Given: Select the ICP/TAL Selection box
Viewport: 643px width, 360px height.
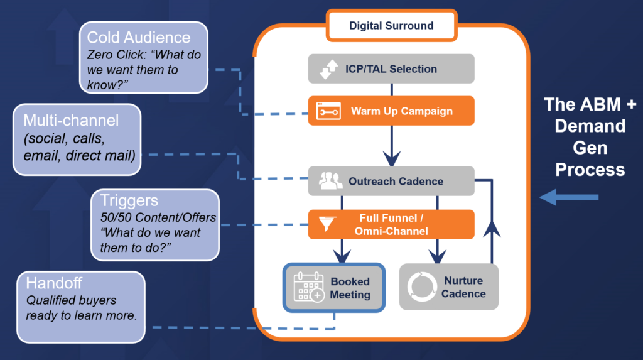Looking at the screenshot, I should pyautogui.click(x=391, y=69).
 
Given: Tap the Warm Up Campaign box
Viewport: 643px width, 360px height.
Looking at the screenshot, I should pyautogui.click(x=391, y=111).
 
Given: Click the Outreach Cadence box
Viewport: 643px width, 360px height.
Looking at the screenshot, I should pyautogui.click(x=391, y=181).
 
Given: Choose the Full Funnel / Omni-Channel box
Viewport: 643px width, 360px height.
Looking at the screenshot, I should pyautogui.click(x=391, y=224).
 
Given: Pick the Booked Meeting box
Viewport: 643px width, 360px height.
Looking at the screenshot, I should pyautogui.click(x=334, y=287).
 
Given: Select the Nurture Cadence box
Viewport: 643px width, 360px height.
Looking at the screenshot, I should pyautogui.click(x=449, y=287).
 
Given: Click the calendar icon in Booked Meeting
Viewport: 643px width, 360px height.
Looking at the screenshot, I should pyautogui.click(x=308, y=287).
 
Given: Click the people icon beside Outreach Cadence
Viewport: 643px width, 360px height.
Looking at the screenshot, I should pyautogui.click(x=330, y=182).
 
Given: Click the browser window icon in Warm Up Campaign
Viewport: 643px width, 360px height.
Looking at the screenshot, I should pyautogui.click(x=328, y=111).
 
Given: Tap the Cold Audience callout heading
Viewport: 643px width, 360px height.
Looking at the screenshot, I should pyautogui.click(x=138, y=37).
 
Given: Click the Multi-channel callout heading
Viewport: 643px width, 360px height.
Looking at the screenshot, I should pyautogui.click(x=70, y=120).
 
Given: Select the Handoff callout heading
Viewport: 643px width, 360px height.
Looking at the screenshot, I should pyautogui.click(x=54, y=283).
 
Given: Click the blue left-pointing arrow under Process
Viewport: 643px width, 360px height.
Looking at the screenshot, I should pyautogui.click(x=569, y=199).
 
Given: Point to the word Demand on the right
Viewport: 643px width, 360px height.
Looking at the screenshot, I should pyautogui.click(x=590, y=126).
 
